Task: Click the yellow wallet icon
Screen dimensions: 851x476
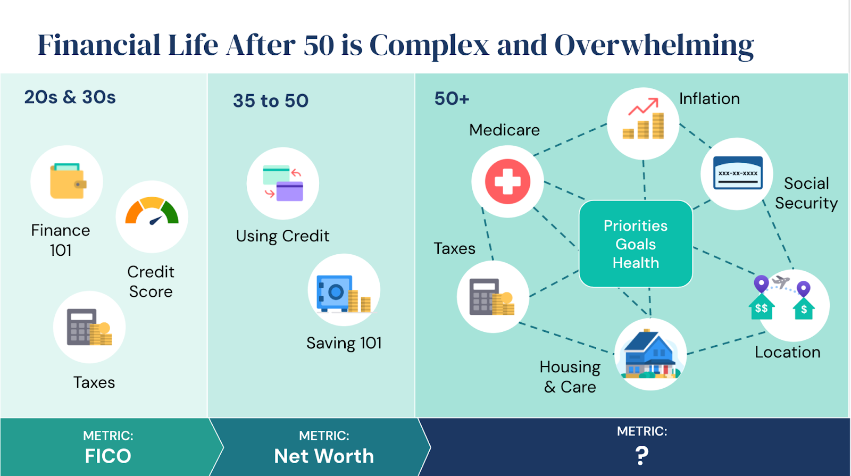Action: pyautogui.click(x=68, y=181)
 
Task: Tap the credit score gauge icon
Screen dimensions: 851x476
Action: pyautogui.click(x=152, y=211)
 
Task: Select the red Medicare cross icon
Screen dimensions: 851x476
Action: pyautogui.click(x=507, y=181)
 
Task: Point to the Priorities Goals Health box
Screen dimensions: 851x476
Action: pyautogui.click(x=636, y=244)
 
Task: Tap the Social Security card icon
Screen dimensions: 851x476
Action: pyautogui.click(x=738, y=173)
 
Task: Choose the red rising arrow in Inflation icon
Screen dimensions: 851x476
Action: pyautogui.click(x=643, y=106)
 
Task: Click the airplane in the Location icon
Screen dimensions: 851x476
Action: pyautogui.click(x=781, y=281)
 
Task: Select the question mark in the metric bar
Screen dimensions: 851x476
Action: pyautogui.click(x=641, y=455)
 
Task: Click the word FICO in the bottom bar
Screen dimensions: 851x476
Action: pyautogui.click(x=108, y=456)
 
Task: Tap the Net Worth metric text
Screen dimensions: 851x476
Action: pyautogui.click(x=324, y=456)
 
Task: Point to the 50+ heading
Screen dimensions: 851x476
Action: pyautogui.click(x=452, y=99)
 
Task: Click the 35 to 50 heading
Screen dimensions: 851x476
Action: pyautogui.click(x=271, y=101)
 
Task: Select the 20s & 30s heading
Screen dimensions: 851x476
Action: pyautogui.click(x=70, y=97)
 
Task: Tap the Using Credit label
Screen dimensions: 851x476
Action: pyautogui.click(x=282, y=236)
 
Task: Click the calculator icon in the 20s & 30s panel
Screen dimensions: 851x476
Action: pyautogui.click(x=82, y=327)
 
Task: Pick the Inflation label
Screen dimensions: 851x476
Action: pyautogui.click(x=710, y=99)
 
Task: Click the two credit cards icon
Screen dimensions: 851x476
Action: pyautogui.click(x=283, y=183)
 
